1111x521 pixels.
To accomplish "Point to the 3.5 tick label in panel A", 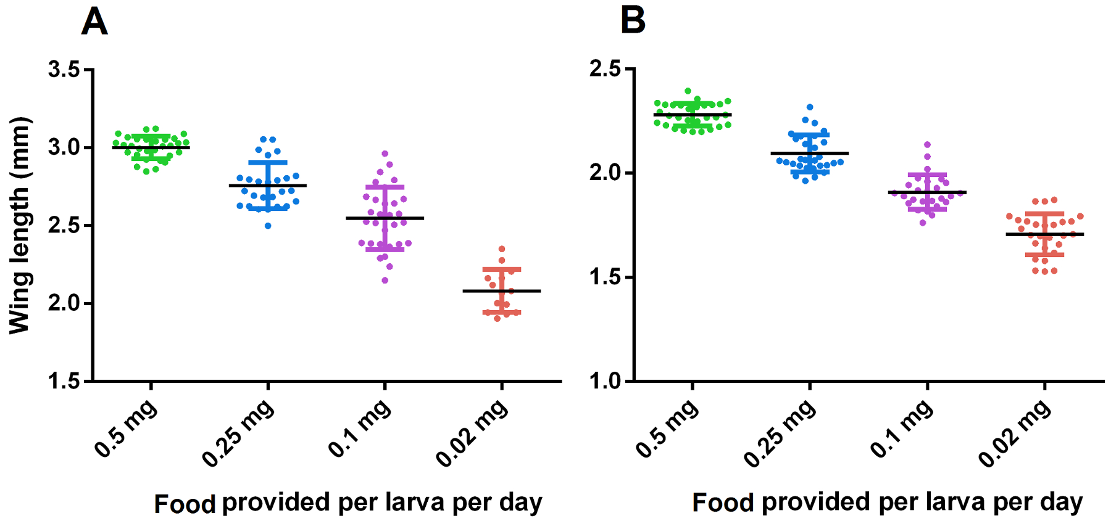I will (x=65, y=70).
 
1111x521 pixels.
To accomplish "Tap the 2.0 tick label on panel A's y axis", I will (x=65, y=303).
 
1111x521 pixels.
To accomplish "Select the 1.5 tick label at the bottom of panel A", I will (x=65, y=381).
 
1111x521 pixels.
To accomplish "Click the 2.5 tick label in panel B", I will (x=605, y=69).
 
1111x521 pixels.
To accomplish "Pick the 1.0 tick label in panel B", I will (x=605, y=381).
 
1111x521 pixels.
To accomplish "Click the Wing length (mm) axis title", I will (x=20, y=225).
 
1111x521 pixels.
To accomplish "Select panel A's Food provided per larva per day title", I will (x=348, y=503).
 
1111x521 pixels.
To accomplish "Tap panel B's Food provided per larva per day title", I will (x=888, y=503).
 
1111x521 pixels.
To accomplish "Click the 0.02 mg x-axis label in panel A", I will (x=472, y=433).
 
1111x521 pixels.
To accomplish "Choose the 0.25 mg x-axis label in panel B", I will (x=780, y=433).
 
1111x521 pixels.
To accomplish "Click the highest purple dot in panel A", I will (x=385, y=154).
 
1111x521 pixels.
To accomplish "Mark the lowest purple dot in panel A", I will (x=385, y=281).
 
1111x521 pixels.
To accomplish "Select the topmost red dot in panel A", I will (x=502, y=249).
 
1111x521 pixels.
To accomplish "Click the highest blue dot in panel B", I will (x=810, y=107).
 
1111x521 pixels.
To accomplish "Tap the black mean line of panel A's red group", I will (x=502, y=291).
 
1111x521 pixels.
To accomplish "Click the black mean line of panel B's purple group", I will (x=927, y=192).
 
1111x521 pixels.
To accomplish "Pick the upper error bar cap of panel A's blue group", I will (x=268, y=162).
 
